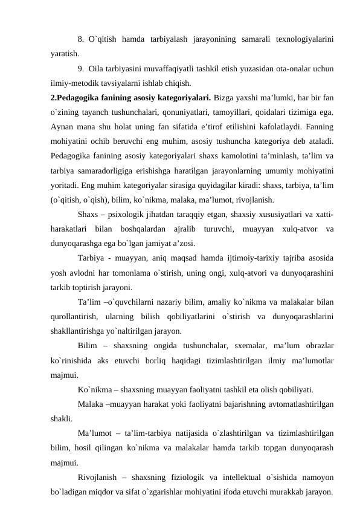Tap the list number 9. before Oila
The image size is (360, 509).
click(82, 68)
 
